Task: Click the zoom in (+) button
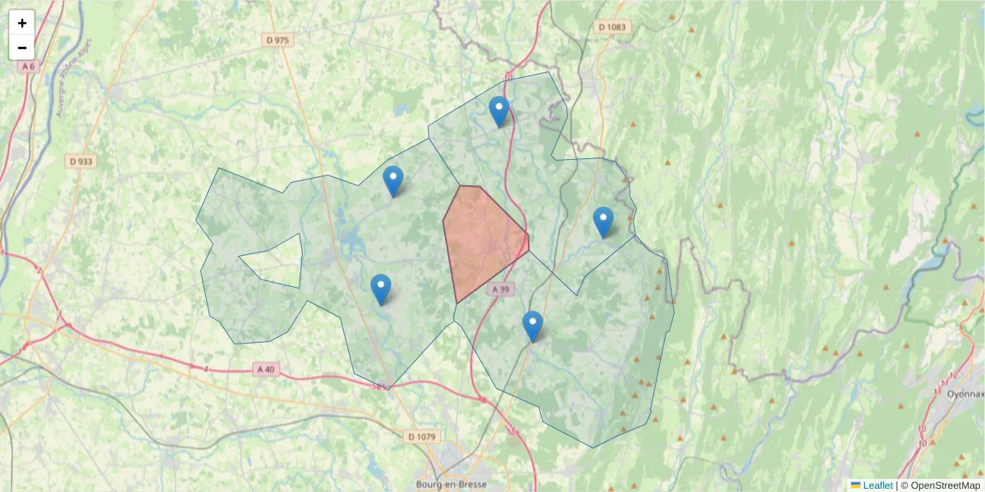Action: [22, 23]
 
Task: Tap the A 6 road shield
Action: [29, 66]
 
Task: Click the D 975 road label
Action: [277, 39]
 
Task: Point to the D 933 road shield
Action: [81, 162]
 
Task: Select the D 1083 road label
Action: [612, 27]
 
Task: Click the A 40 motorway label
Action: [265, 370]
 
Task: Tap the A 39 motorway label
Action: [502, 289]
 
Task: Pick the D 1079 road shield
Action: [422, 436]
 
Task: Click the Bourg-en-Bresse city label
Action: [451, 484]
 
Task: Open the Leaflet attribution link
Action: [877, 485]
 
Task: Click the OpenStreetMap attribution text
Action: [946, 485]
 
